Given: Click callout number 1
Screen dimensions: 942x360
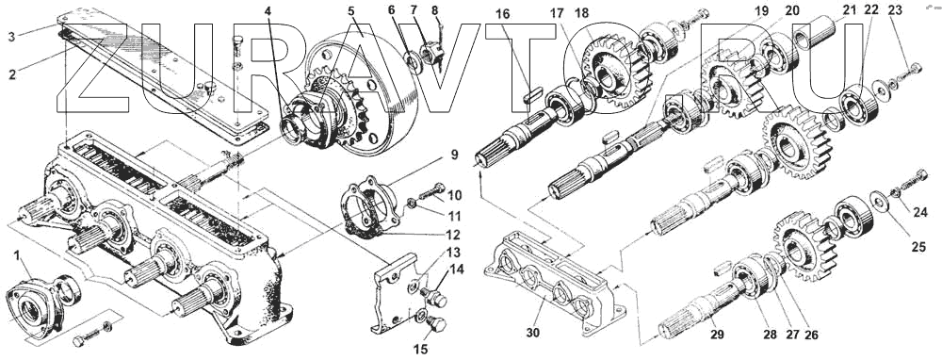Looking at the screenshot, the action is click(17, 256).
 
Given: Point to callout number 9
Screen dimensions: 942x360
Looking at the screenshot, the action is click(453, 155).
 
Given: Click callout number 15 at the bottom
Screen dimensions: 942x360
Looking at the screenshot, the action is click(422, 349).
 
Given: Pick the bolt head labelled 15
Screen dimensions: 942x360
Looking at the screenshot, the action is click(437, 326).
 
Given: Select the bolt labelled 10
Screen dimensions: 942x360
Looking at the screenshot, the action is click(430, 192).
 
